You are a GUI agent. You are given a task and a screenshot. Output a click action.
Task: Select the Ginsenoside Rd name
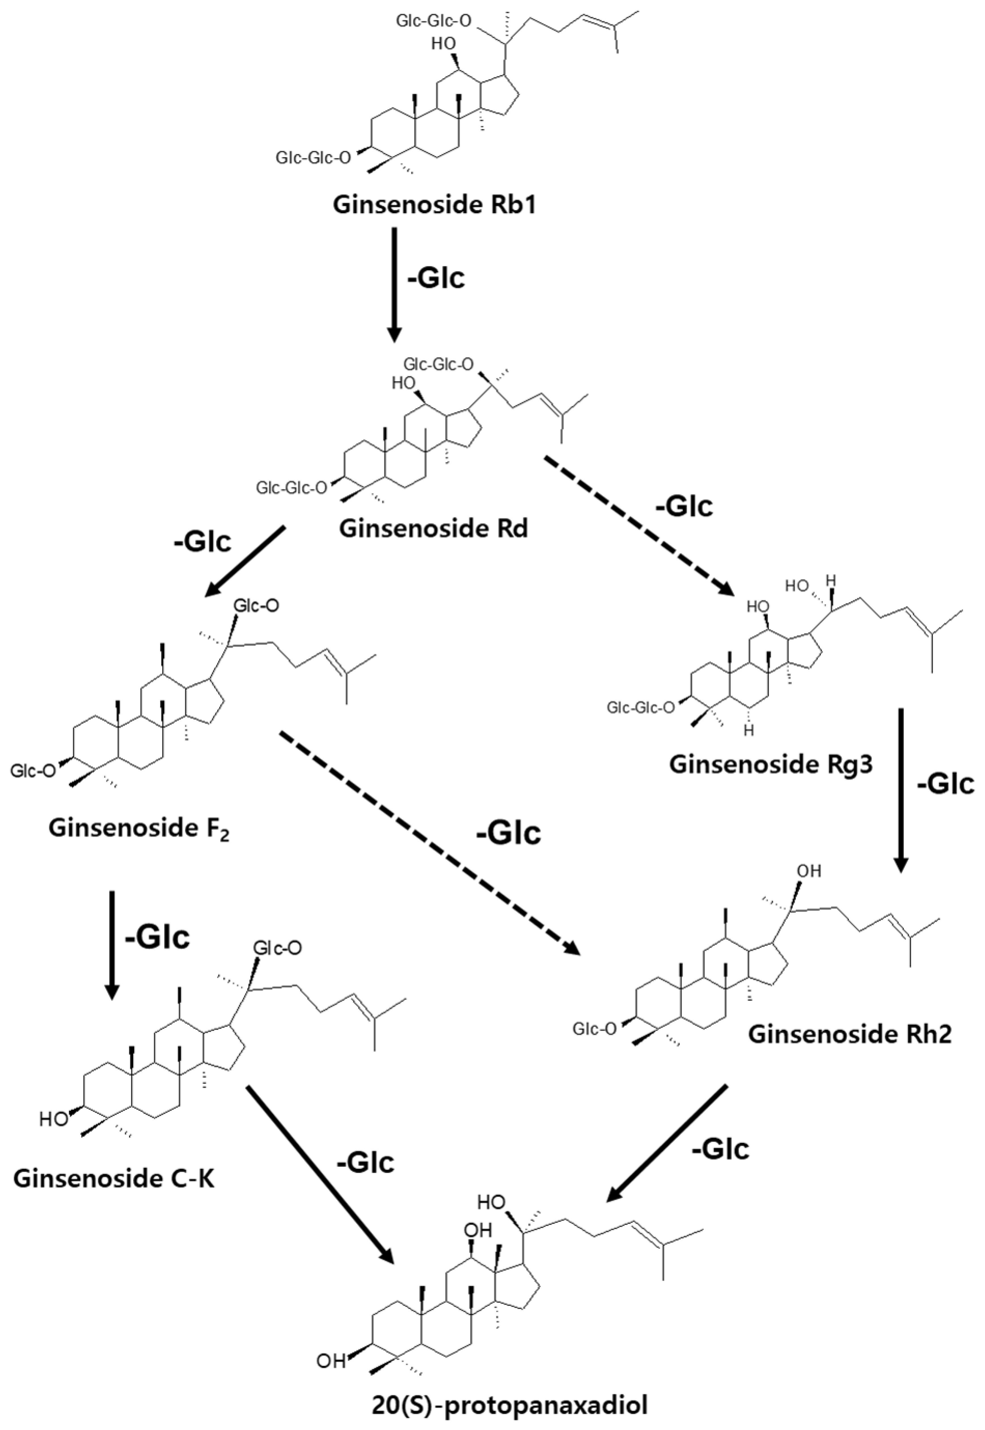[x=434, y=529]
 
